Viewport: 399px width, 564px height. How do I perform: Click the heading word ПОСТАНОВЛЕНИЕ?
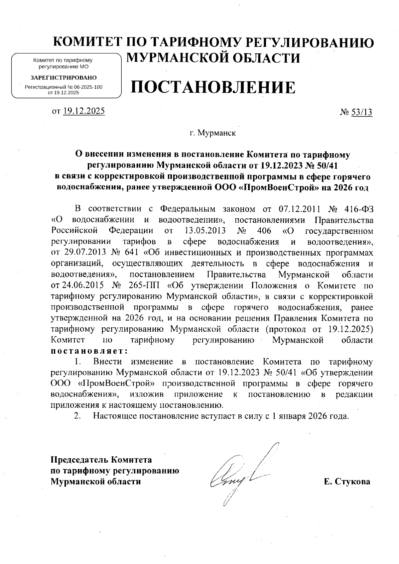point(213,87)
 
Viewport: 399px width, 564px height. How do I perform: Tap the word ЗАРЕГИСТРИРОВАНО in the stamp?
point(64,78)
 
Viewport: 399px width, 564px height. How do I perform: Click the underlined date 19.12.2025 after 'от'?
point(84,111)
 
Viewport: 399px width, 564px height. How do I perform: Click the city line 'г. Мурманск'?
point(213,134)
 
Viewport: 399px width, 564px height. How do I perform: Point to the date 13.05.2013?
point(204,231)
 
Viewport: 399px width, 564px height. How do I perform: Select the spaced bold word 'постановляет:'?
point(89,351)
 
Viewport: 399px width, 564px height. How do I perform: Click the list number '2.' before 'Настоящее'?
point(77,416)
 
